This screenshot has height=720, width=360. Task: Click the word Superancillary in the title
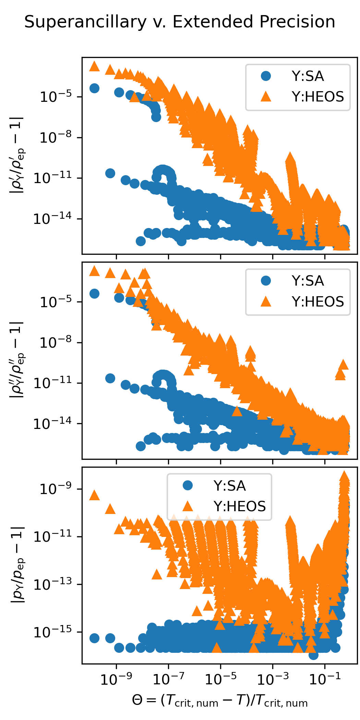pos(85,22)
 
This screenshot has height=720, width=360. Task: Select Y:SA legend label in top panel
pos(308,76)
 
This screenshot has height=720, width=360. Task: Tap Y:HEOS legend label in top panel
pos(317,97)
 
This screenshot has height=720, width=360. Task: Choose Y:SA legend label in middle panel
pos(308,281)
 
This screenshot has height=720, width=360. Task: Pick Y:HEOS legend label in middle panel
pos(317,302)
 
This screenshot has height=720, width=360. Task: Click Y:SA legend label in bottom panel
pos(229,486)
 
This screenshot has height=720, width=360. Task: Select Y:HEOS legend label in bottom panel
pos(239,506)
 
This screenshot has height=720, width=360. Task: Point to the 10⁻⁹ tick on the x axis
pos(116,679)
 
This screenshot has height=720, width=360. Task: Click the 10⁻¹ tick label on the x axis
pos(325,679)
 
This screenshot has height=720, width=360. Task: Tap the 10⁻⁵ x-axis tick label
pos(220,679)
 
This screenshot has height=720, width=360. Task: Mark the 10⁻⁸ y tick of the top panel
pos(56,138)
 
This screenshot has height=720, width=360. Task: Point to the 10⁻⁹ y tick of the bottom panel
pos(56,489)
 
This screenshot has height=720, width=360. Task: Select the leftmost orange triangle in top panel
pos(94,67)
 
